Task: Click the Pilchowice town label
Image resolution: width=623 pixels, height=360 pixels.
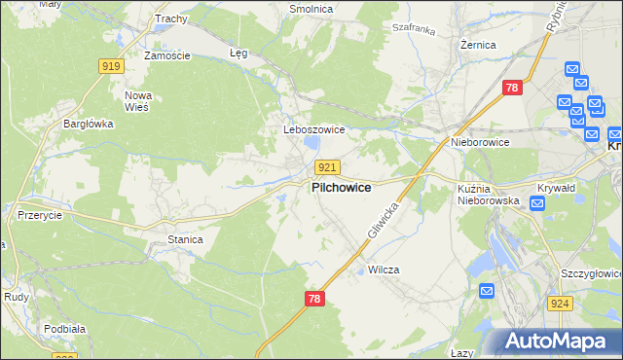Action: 341,188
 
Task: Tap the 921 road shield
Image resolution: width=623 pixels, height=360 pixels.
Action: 327,167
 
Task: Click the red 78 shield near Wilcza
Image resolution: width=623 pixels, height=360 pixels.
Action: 313,301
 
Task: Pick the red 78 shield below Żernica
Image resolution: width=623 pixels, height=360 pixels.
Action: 512,89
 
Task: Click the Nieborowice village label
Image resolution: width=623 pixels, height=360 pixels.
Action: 481,142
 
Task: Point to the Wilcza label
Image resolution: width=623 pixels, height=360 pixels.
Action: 385,270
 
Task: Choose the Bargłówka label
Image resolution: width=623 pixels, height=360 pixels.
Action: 89,124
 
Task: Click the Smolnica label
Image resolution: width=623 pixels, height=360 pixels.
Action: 311,9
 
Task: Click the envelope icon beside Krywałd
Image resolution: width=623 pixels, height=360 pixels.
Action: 536,203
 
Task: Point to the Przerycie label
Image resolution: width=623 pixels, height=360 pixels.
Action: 41,216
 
